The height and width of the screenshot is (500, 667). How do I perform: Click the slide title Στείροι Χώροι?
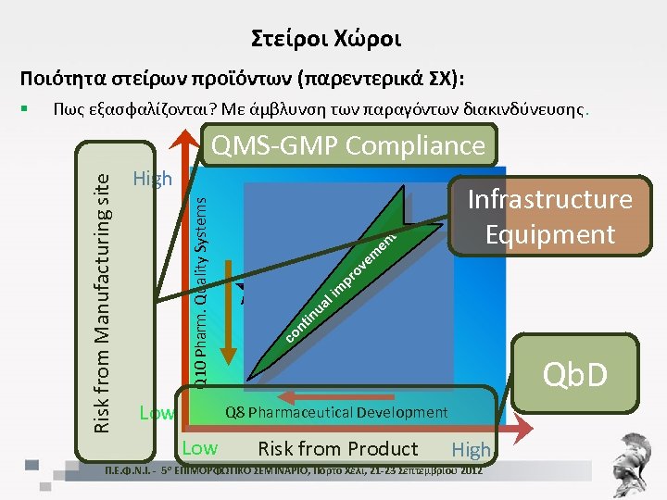(326, 39)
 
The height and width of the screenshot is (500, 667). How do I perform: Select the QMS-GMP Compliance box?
(348, 145)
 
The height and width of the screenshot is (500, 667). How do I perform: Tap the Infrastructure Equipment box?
(549, 216)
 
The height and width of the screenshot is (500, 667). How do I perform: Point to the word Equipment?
(549, 233)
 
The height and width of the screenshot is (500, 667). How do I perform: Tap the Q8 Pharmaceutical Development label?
(336, 412)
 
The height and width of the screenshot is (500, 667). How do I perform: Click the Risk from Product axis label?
(337, 449)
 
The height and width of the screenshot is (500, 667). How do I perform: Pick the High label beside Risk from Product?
(471, 450)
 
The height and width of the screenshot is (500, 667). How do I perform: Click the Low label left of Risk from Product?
(200, 448)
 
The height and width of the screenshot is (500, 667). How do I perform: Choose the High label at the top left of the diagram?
(152, 178)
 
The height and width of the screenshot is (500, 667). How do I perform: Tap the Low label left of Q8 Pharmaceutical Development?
(155, 412)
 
